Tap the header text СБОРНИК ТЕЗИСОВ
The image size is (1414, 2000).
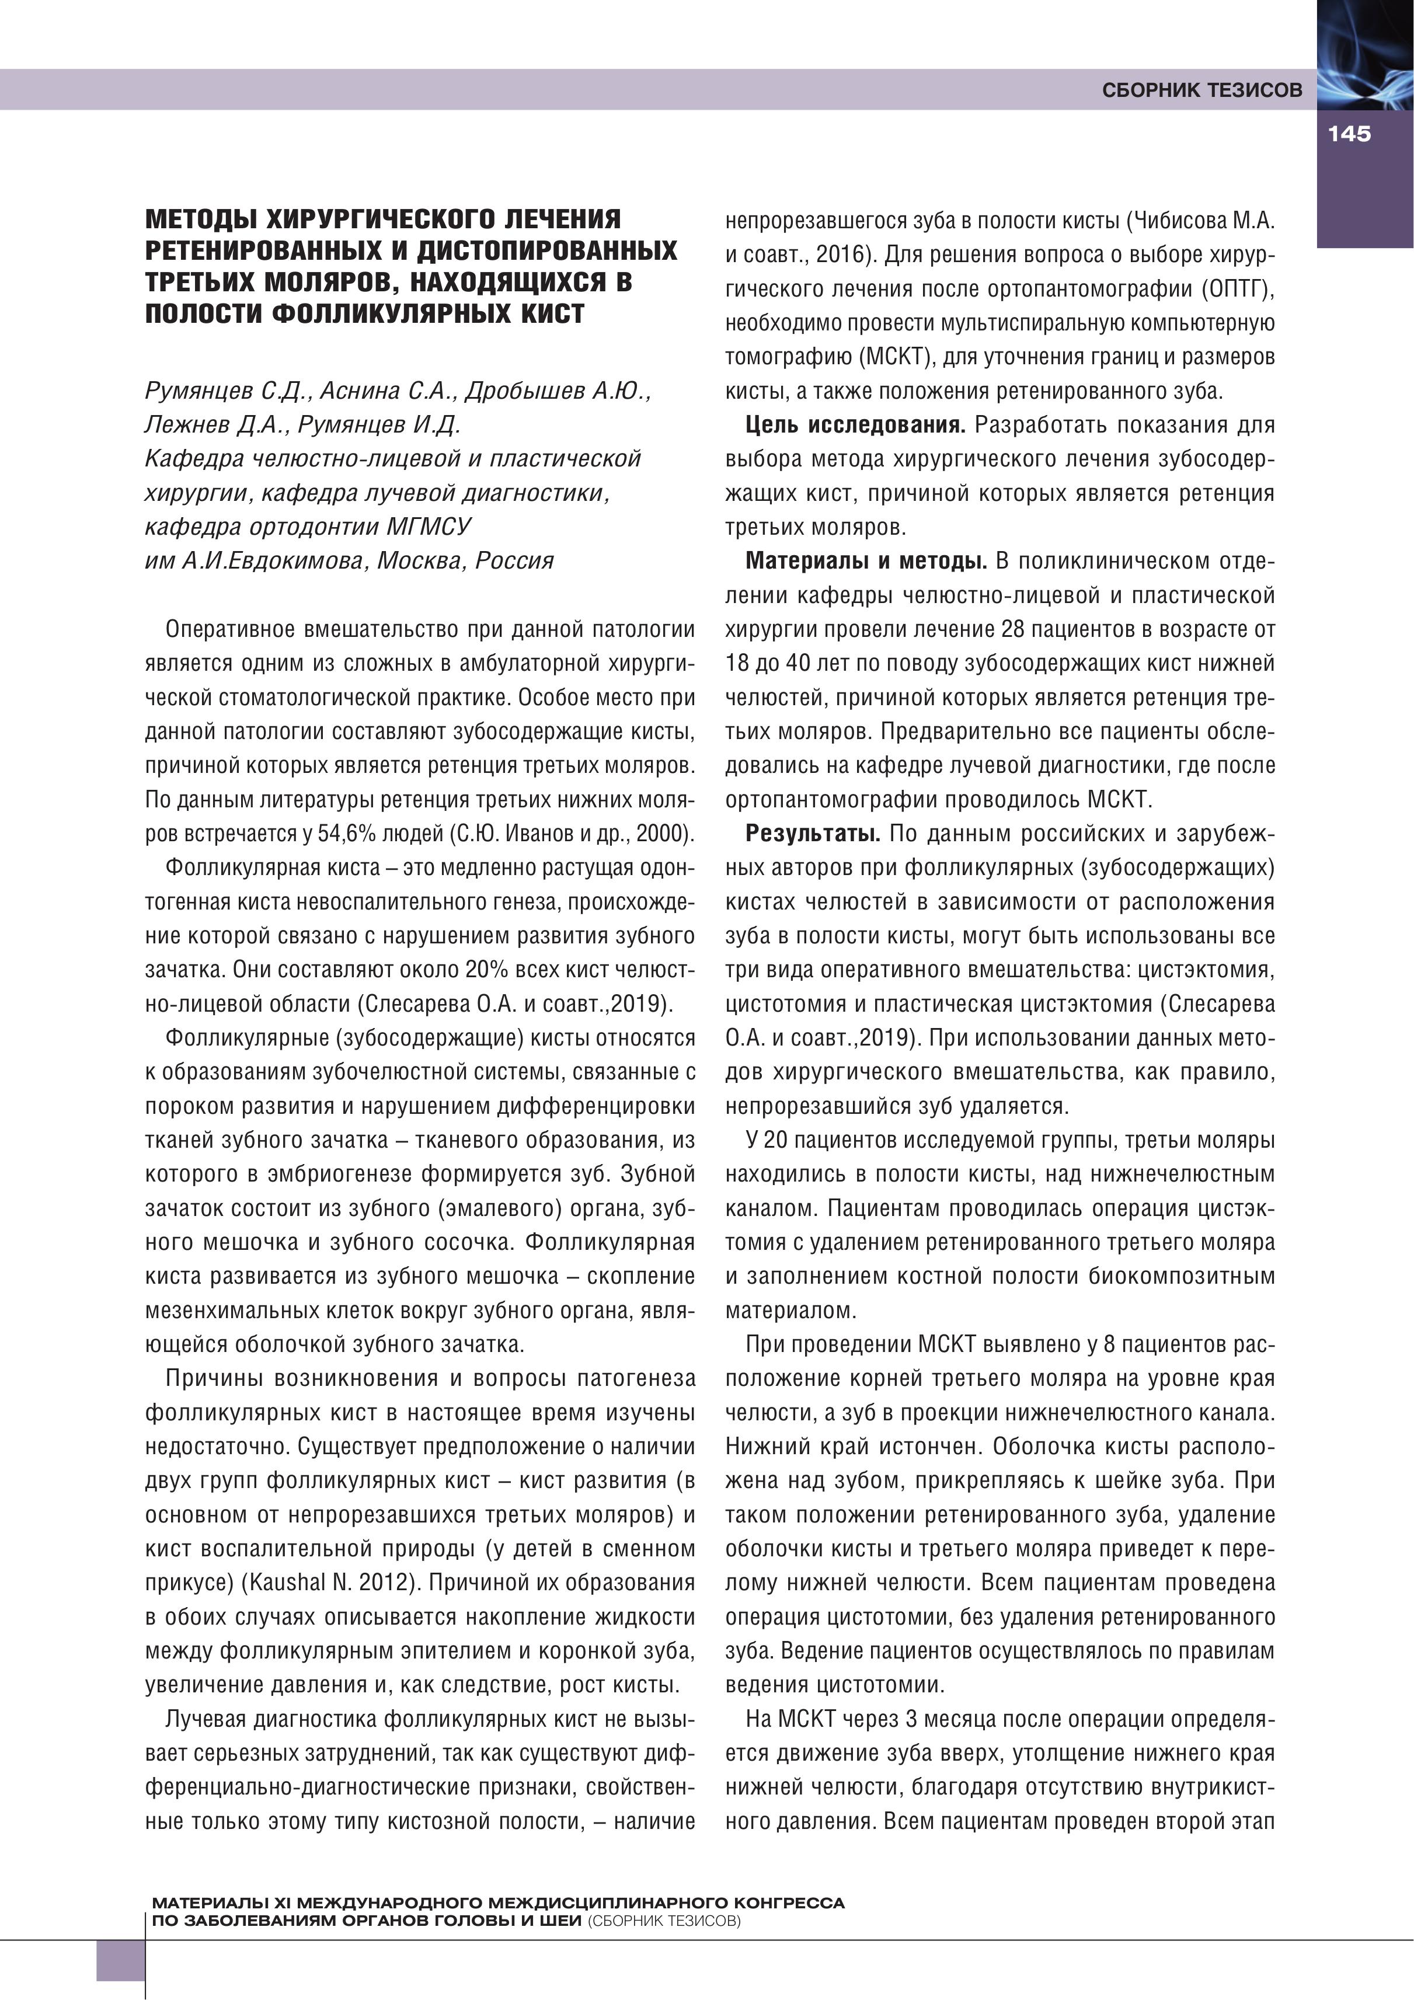click(x=1202, y=90)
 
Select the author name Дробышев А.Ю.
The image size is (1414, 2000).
click(x=558, y=391)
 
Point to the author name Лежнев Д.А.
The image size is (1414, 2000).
click(x=215, y=425)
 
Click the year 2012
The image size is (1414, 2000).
click(x=387, y=1583)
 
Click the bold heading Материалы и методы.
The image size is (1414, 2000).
click(x=866, y=561)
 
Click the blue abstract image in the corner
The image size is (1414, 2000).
click(x=1365, y=53)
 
